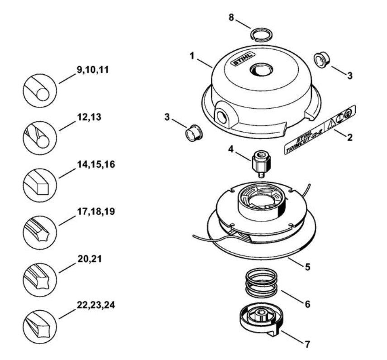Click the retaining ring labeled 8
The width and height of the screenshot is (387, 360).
pyautogui.click(x=261, y=30)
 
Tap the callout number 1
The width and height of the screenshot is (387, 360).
pyautogui.click(x=192, y=56)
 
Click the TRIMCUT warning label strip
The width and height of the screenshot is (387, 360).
pyautogui.click(x=320, y=130)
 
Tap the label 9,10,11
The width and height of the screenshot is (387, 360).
pyautogui.click(x=93, y=70)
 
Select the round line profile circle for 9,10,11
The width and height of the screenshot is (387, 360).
pyautogui.click(x=40, y=91)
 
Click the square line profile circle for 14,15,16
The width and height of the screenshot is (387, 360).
pyautogui.click(x=40, y=185)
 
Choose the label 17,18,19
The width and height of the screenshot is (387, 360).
pyautogui.click(x=96, y=212)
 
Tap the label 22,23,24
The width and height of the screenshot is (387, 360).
pyautogui.click(x=96, y=305)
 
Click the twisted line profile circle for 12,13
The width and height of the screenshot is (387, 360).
pyautogui.click(x=40, y=138)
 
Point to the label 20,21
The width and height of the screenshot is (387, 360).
pyautogui.click(x=90, y=259)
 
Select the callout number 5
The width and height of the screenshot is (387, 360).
pyautogui.click(x=307, y=267)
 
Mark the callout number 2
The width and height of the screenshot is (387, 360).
pyautogui.click(x=350, y=137)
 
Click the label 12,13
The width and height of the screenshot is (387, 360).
pyautogui.click(x=89, y=117)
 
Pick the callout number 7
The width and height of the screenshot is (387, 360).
pyautogui.click(x=307, y=345)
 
